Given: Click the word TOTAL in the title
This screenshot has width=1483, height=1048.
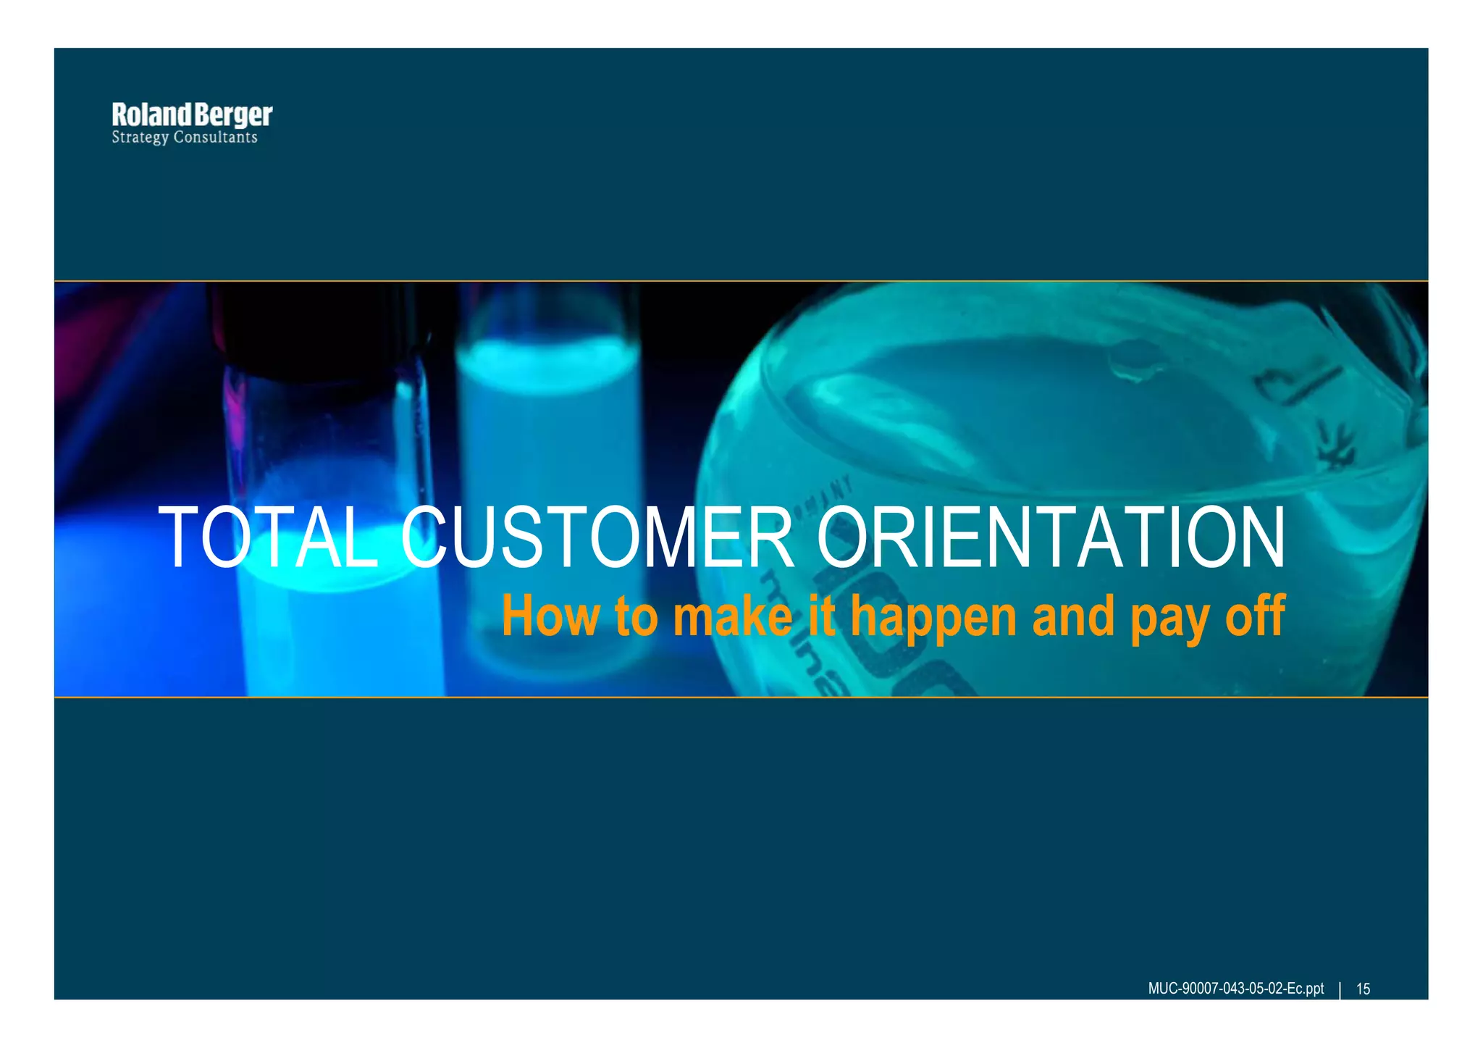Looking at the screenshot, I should coord(268,537).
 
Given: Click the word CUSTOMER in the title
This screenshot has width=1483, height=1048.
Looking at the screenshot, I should coord(597,537).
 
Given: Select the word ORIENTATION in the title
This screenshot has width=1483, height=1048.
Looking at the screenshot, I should coord(1050,537).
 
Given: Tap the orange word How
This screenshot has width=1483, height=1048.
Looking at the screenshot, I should coord(550,616).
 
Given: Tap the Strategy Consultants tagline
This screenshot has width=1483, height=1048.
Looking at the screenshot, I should coord(185,138).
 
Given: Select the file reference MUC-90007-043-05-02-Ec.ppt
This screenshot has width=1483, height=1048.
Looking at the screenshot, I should coord(1235,989).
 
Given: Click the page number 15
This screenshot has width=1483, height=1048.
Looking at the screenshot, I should coord(1363,989).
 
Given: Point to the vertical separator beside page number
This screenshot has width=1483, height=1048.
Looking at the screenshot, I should coord(1340,989).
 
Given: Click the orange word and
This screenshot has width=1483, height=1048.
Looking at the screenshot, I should coord(1073,616).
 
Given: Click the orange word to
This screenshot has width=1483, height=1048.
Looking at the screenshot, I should coord(637,616).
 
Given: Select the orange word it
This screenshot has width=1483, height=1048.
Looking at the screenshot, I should coord(823,616).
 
